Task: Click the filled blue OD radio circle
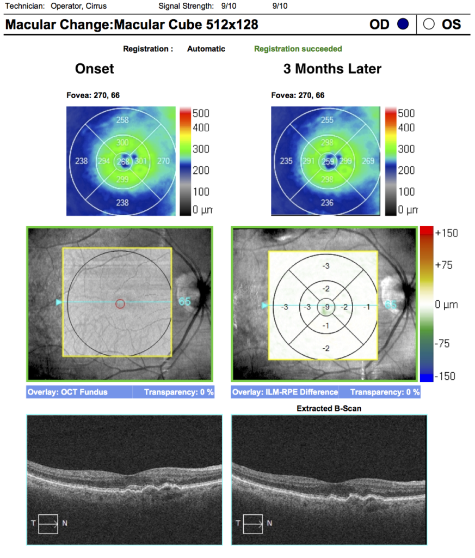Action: (x=403, y=25)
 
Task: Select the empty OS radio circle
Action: (x=429, y=25)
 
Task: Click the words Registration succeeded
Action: (x=298, y=49)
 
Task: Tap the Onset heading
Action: (x=95, y=69)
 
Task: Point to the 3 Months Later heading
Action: (x=332, y=69)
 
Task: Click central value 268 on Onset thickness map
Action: (x=124, y=161)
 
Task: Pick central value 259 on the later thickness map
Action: (x=328, y=161)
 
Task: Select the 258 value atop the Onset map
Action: (x=123, y=120)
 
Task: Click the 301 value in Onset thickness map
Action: (x=141, y=161)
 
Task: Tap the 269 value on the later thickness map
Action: (x=368, y=161)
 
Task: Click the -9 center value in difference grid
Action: (x=326, y=307)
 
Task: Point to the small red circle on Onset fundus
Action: (x=121, y=304)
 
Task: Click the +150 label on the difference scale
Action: (x=447, y=233)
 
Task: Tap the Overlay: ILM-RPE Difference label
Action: (x=285, y=392)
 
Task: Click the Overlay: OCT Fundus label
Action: (x=67, y=392)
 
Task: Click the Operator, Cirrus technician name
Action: (x=79, y=6)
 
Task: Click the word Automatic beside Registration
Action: (x=206, y=49)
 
